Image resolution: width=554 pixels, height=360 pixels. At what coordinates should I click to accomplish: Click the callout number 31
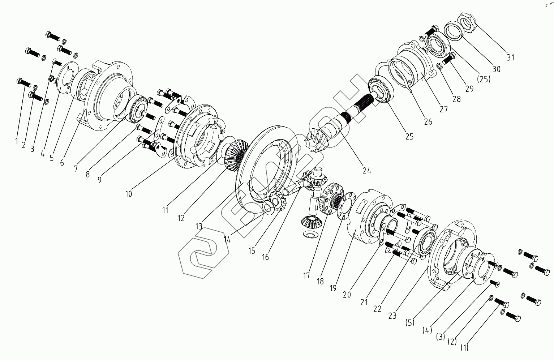(510, 57)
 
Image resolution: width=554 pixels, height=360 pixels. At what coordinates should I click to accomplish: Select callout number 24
(367, 171)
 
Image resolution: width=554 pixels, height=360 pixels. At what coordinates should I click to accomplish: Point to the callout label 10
(129, 194)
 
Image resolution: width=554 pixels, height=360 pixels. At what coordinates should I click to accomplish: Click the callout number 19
(333, 288)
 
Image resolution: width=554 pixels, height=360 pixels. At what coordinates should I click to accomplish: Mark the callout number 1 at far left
(16, 141)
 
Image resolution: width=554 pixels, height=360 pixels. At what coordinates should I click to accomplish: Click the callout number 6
(62, 163)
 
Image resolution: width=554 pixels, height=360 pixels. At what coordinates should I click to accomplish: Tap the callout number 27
(443, 109)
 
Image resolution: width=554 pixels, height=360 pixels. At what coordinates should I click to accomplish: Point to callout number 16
(266, 257)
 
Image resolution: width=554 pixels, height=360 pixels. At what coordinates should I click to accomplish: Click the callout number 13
(199, 226)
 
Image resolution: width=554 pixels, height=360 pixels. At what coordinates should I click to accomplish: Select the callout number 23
(392, 316)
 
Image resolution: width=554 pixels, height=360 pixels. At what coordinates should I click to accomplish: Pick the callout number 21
(364, 301)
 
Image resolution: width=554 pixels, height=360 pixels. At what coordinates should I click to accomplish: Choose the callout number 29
(469, 89)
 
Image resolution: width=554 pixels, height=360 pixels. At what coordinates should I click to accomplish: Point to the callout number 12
(181, 218)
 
